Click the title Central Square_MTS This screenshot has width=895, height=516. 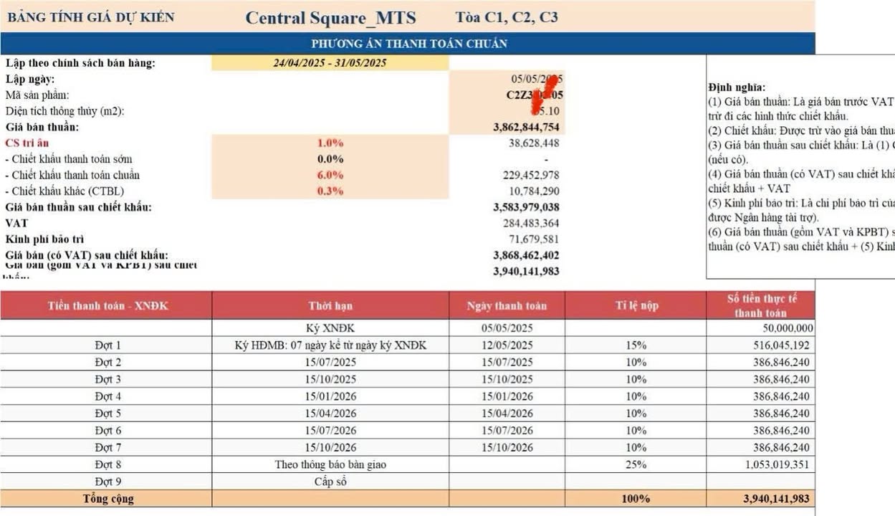click(x=330, y=18)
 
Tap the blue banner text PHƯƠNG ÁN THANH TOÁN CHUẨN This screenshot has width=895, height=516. click(x=409, y=44)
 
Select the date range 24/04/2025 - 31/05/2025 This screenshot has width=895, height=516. click(x=330, y=63)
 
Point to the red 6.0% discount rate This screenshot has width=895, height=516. click(x=330, y=175)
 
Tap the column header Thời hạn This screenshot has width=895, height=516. click(x=330, y=306)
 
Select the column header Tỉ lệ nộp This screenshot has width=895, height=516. click(x=636, y=306)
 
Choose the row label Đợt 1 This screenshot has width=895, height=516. click(x=108, y=345)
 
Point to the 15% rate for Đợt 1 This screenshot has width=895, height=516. click(x=636, y=345)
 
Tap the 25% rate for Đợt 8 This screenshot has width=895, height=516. click(x=636, y=465)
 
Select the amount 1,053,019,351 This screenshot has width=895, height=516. click(x=772, y=465)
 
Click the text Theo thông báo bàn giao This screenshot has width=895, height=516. click(x=330, y=465)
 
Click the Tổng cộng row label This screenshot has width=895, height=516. click(x=108, y=499)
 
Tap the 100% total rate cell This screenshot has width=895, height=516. click(x=636, y=499)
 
